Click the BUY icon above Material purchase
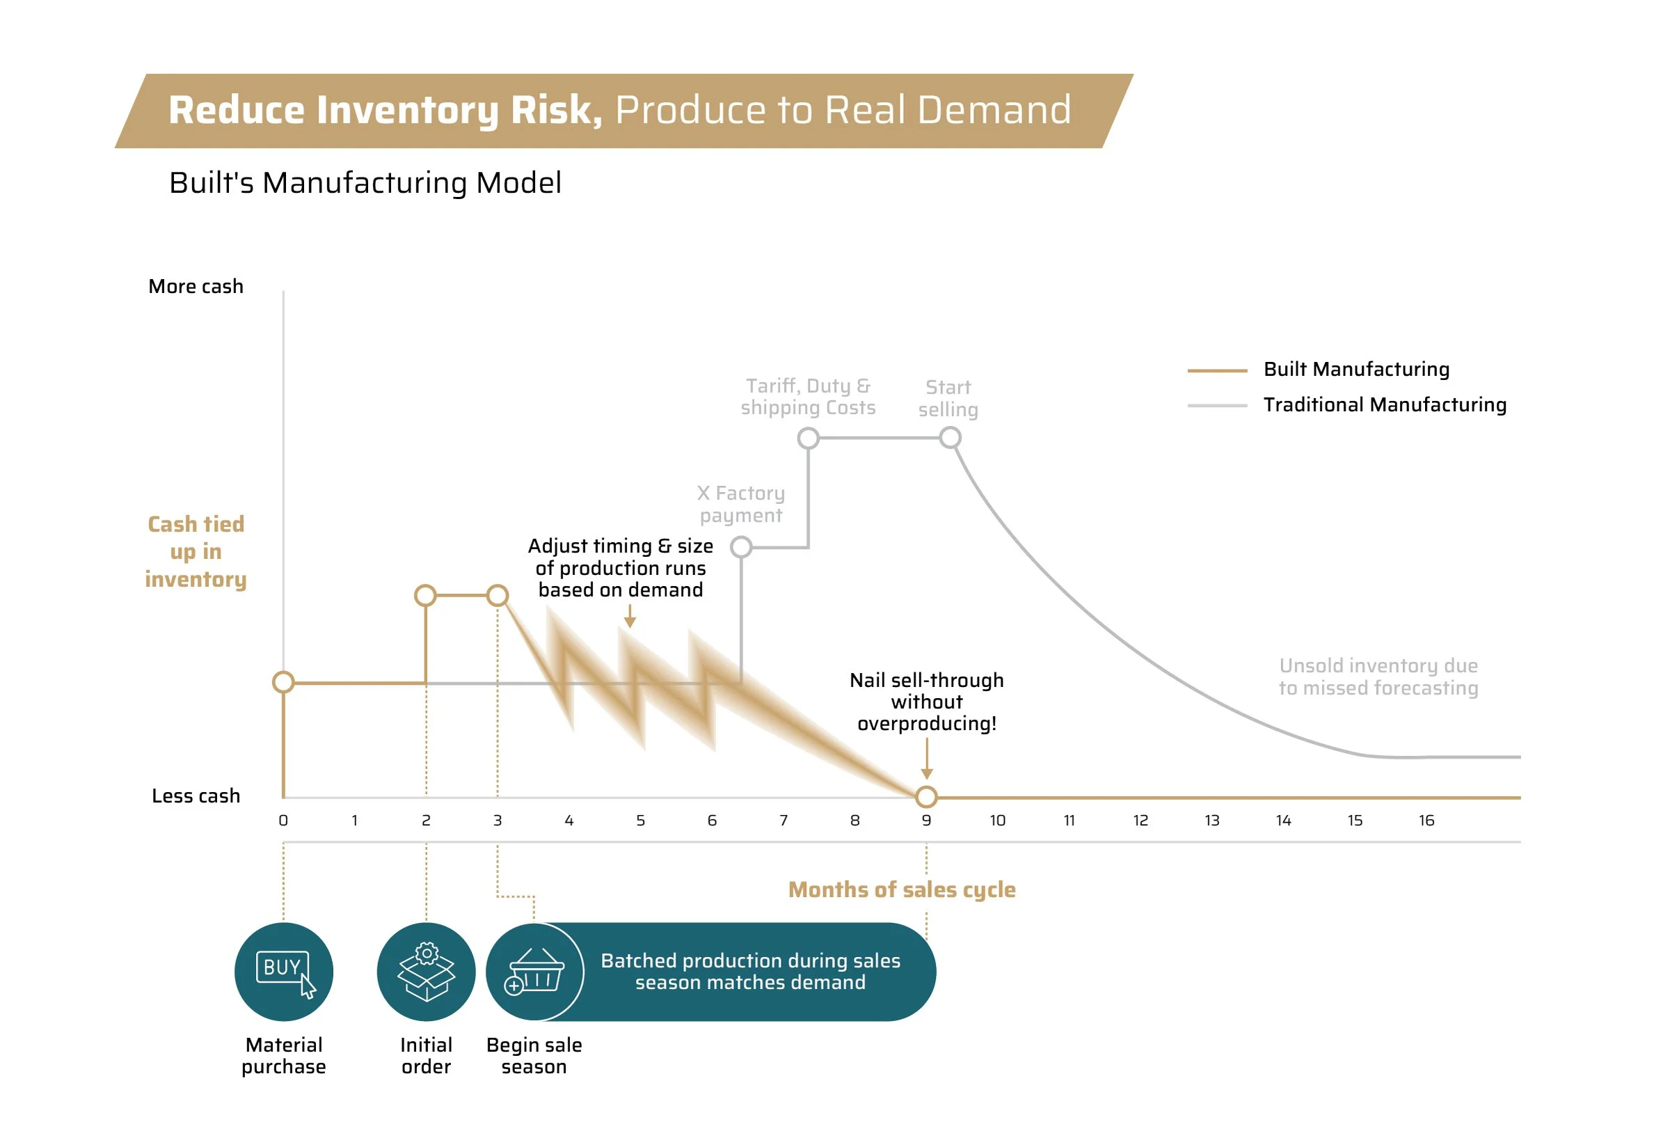pyautogui.click(x=284, y=971)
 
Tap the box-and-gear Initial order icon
pyautogui.click(x=426, y=971)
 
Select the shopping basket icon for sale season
pyautogui.click(x=534, y=971)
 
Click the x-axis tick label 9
pyautogui.click(x=926, y=820)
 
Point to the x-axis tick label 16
pyautogui.click(x=1426, y=820)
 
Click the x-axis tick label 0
pyautogui.click(x=283, y=820)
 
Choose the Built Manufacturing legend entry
pyautogui.click(x=1356, y=370)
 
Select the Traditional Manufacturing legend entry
pyautogui.click(x=1384, y=404)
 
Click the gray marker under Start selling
pyautogui.click(x=950, y=437)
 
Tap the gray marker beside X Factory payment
pyautogui.click(x=741, y=547)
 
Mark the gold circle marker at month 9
pyautogui.click(x=926, y=796)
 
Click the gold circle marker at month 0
pyautogui.click(x=284, y=681)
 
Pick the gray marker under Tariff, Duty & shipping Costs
pyautogui.click(x=809, y=438)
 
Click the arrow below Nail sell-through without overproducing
pyautogui.click(x=927, y=759)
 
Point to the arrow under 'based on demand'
pyautogui.click(x=630, y=616)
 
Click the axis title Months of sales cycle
pyautogui.click(x=902, y=890)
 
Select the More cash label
pyautogui.click(x=196, y=286)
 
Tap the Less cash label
pyautogui.click(x=196, y=796)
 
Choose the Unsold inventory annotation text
pyautogui.click(x=1378, y=677)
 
